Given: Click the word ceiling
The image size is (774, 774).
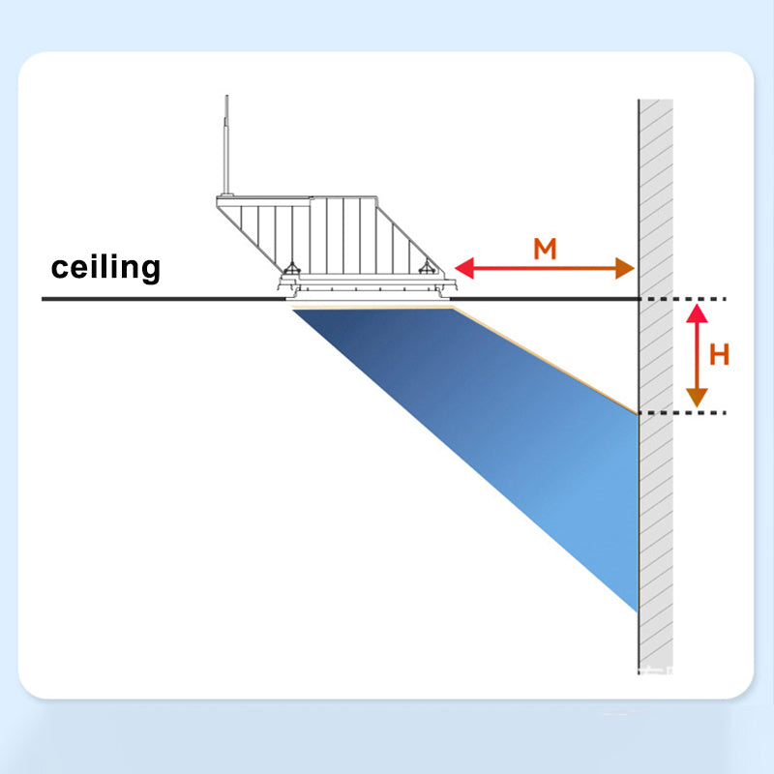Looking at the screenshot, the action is pyautogui.click(x=105, y=268).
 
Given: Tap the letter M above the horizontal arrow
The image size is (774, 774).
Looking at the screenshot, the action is pyautogui.click(x=545, y=249).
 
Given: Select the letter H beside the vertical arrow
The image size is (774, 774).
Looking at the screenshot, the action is pyautogui.click(x=719, y=354).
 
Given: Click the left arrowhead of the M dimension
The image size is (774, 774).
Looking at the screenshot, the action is pyautogui.click(x=464, y=268).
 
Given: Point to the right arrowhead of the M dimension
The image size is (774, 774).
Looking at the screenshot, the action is pyautogui.click(x=625, y=268).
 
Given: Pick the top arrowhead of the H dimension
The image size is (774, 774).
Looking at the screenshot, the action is pyautogui.click(x=697, y=313).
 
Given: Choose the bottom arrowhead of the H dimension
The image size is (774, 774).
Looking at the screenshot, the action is pyautogui.click(x=697, y=398).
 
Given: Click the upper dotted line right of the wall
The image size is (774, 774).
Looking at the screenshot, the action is pyautogui.click(x=683, y=299).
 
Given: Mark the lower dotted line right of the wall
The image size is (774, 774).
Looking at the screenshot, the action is pyautogui.click(x=683, y=413).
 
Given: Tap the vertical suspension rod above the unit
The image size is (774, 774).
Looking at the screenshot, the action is pyautogui.click(x=226, y=144).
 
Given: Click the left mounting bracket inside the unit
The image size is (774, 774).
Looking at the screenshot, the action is pyautogui.click(x=291, y=269).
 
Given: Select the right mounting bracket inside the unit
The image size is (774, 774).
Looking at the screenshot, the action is pyautogui.click(x=427, y=268).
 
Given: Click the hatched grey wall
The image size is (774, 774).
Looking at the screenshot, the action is pyautogui.click(x=656, y=386).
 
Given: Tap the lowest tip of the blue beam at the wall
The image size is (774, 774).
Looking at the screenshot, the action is pyautogui.click(x=638, y=612).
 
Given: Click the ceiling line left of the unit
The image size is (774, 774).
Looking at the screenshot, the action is pyautogui.click(x=164, y=299).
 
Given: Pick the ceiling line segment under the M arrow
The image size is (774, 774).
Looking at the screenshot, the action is pyautogui.click(x=545, y=299).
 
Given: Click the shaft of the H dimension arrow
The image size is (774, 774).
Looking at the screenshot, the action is pyautogui.click(x=697, y=355).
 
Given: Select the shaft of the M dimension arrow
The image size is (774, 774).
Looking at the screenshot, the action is pyautogui.click(x=545, y=268).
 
